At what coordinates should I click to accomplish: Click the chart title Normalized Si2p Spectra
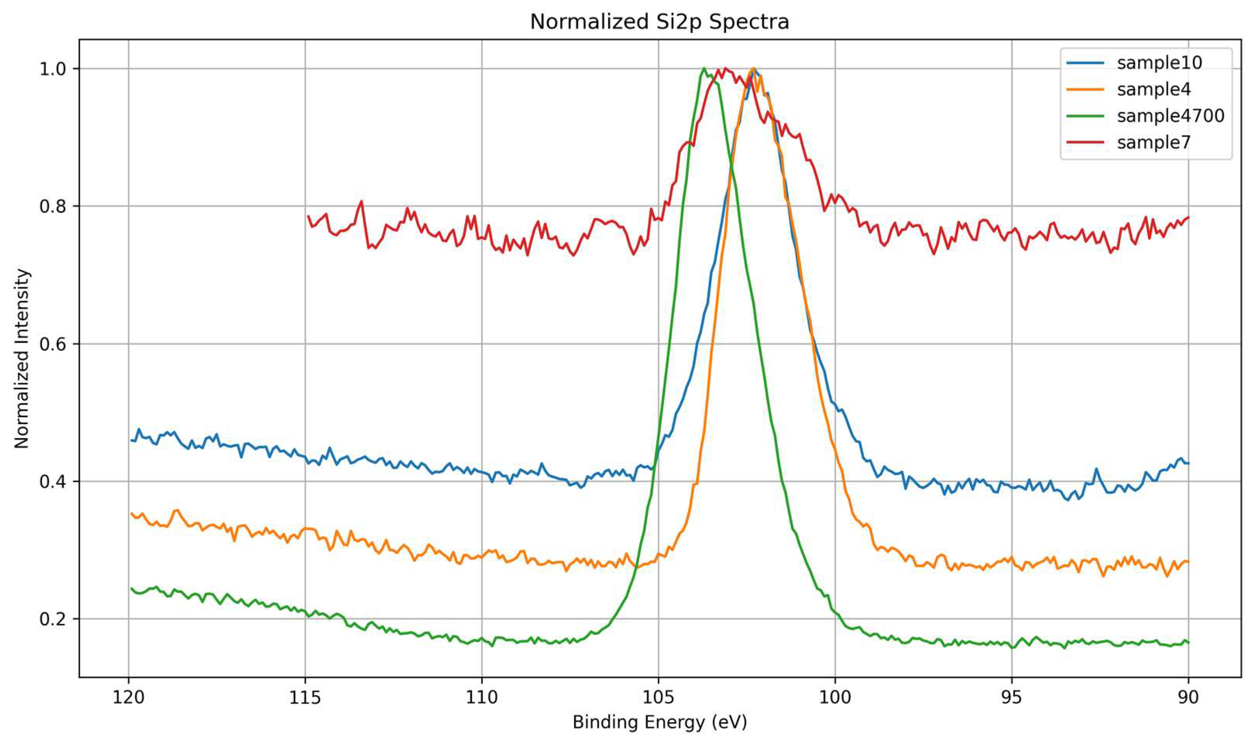[x=659, y=22]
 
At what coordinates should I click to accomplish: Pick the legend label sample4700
[x=1170, y=116]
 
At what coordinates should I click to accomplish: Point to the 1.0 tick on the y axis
[x=53, y=69]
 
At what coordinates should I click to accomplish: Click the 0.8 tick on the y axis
[x=53, y=206]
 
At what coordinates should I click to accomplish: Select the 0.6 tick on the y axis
[x=53, y=344]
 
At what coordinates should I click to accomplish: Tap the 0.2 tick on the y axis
[x=53, y=619]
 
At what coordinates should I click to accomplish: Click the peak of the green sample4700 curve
[x=703, y=68]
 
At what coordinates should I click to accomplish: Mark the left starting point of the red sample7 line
[x=308, y=216]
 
